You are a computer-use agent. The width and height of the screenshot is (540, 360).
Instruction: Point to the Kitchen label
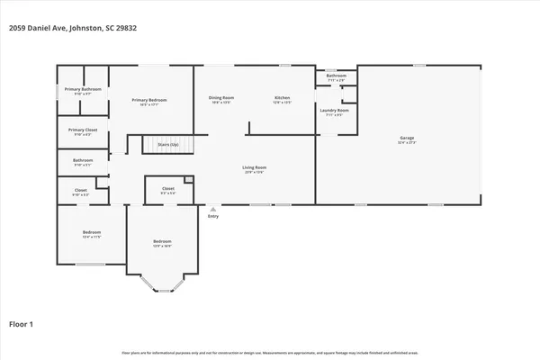pyautogui.click(x=282, y=96)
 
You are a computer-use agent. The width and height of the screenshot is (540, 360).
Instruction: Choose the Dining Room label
pyautogui.click(x=221, y=96)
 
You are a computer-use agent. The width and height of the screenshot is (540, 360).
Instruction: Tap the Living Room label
pyautogui.click(x=254, y=167)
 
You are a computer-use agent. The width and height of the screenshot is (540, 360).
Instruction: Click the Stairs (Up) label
pyautogui.click(x=168, y=144)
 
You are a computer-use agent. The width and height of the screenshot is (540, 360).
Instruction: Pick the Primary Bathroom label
pyautogui.click(x=83, y=89)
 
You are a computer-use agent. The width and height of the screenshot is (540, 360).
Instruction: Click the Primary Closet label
pyautogui.click(x=83, y=130)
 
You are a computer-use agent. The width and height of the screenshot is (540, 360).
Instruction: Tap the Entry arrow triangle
pyautogui.click(x=212, y=209)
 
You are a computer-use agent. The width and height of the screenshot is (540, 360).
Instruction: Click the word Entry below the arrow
pyautogui.click(x=212, y=216)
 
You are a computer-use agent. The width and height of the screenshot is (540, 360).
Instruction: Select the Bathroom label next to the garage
pyautogui.click(x=337, y=76)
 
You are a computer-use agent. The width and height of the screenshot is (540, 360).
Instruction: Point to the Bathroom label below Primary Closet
pyautogui.click(x=82, y=161)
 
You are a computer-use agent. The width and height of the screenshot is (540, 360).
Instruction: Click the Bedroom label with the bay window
pyautogui.click(x=162, y=241)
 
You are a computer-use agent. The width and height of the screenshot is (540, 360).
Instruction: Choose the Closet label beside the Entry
pyautogui.click(x=167, y=189)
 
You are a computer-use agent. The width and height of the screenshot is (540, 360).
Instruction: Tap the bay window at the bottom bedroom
pyautogui.click(x=162, y=287)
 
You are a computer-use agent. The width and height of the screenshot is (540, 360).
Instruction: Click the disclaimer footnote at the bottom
pyautogui.click(x=270, y=352)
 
